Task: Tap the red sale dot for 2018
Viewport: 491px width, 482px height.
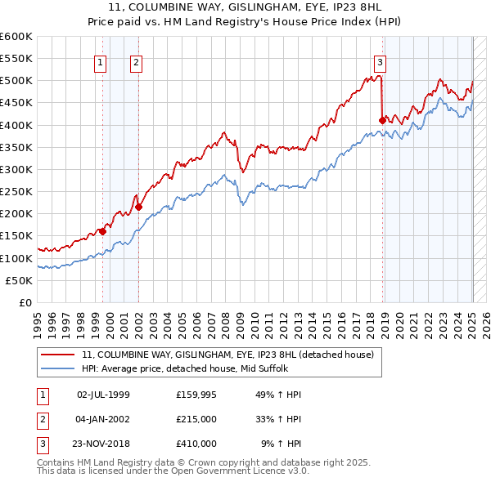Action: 382,120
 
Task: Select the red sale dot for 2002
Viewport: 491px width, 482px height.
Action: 139,207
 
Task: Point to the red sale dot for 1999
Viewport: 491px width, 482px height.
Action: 103,231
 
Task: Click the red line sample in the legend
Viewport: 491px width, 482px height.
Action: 58,355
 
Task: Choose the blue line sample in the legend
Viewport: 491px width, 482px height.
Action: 58,368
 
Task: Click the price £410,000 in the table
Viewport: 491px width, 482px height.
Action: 196,444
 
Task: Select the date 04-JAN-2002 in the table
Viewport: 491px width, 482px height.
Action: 103,419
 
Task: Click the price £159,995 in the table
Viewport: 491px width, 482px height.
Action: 196,395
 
